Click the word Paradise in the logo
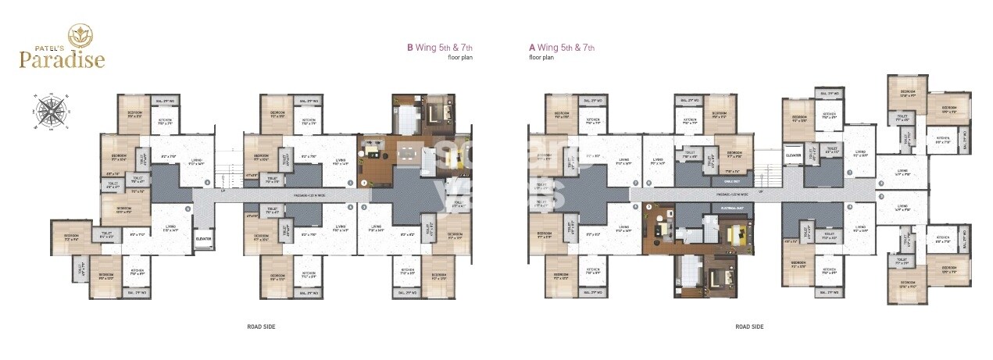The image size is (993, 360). [x=63, y=59]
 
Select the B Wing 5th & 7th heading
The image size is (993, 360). [x=440, y=48]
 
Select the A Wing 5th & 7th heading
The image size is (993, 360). [x=562, y=48]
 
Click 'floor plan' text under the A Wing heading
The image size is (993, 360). [x=541, y=58]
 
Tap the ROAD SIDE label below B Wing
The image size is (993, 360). [x=260, y=326]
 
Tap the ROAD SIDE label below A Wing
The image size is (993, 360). [x=748, y=326]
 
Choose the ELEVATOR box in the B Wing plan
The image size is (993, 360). [x=204, y=238]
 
